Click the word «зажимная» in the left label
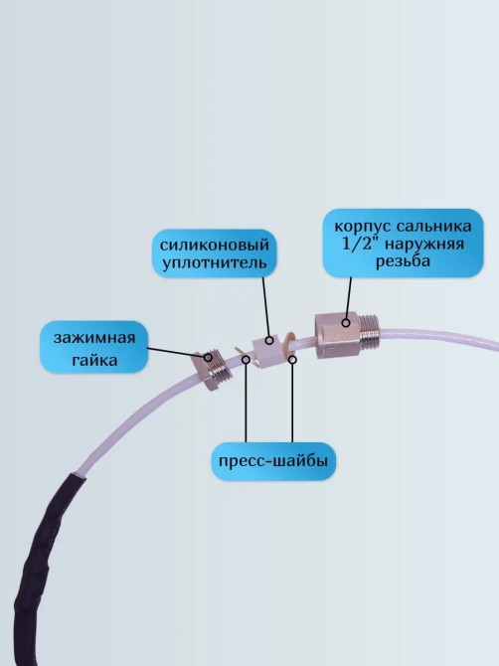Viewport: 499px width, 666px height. click(94, 339)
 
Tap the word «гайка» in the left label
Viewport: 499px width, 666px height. click(94, 360)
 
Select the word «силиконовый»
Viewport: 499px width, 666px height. click(215, 246)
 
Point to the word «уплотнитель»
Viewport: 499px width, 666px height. click(215, 262)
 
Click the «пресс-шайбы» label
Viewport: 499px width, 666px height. click(273, 461)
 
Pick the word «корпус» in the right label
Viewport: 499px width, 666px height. click(363, 227)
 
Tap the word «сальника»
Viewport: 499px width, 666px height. click(433, 226)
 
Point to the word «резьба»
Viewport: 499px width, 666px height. click(403, 260)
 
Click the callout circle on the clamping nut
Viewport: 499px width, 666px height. click(208, 357)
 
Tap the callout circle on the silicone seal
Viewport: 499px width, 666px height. click(268, 340)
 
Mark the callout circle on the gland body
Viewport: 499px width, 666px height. click(346, 323)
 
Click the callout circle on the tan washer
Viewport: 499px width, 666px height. click(292, 359)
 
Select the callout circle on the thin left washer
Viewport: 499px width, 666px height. click(246, 359)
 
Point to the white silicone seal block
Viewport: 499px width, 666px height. click(267, 351)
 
